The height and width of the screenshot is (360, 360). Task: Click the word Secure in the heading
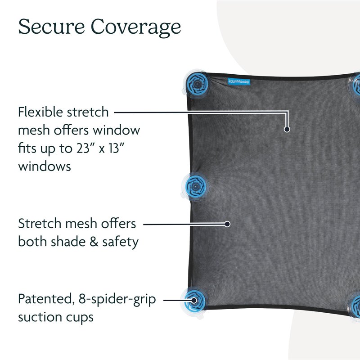point(51,27)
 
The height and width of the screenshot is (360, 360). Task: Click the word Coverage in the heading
point(136,28)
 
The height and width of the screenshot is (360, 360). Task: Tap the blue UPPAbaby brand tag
point(239,81)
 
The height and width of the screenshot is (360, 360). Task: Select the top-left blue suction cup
point(197,84)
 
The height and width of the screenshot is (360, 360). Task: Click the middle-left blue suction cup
point(195,186)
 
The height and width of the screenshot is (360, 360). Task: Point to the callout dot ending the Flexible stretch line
point(287,129)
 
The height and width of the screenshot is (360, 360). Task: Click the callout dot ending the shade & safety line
point(227,224)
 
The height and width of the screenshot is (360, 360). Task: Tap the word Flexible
point(40,112)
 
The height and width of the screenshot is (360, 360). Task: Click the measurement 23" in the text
point(84,148)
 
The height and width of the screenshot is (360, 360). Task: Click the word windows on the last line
point(45,166)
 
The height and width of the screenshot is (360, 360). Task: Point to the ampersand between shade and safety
point(94,242)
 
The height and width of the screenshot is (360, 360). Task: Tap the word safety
point(120,243)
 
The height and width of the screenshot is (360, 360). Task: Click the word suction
point(40,317)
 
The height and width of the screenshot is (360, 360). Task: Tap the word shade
point(68,242)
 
